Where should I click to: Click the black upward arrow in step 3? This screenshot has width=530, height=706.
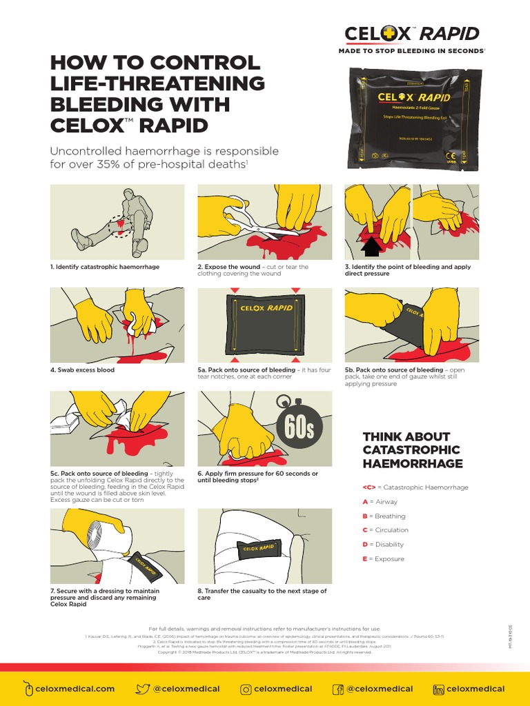pyautogui.click(x=371, y=244)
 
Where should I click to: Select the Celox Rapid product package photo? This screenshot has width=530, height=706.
pyautogui.click(x=412, y=119)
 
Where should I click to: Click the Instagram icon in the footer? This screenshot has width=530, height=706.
pyautogui.click(x=246, y=688)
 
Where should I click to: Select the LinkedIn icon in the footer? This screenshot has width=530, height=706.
pyautogui.click(x=438, y=688)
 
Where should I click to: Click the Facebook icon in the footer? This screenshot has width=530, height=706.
pyautogui.click(x=338, y=688)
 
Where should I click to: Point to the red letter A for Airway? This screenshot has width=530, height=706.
pyautogui.click(x=365, y=502)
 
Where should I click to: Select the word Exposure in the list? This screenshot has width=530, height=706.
pyautogui.click(x=389, y=559)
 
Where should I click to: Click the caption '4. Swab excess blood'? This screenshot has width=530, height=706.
pyautogui.click(x=82, y=370)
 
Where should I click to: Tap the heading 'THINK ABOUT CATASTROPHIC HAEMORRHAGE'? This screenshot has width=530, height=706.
pyautogui.click(x=413, y=450)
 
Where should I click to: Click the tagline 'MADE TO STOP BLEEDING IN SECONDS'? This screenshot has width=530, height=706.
pyautogui.click(x=411, y=51)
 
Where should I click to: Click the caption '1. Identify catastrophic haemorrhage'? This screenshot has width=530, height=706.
pyautogui.click(x=104, y=267)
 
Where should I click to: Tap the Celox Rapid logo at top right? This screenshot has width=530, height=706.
pyautogui.click(x=412, y=34)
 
